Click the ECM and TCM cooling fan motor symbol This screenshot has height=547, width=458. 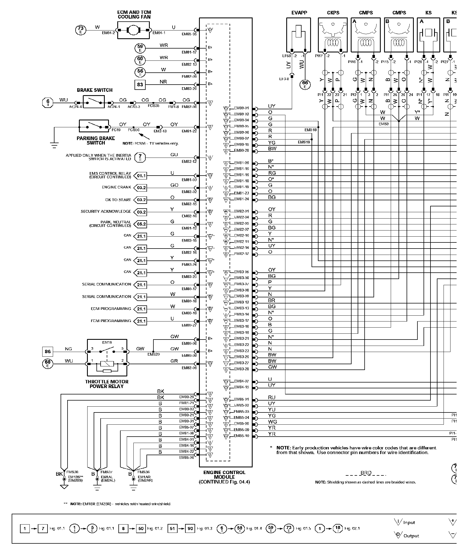point(134,30)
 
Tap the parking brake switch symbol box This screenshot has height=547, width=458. point(94,127)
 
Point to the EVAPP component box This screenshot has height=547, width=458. point(298,35)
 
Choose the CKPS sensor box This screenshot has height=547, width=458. point(333,35)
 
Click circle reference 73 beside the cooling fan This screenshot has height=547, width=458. point(81,30)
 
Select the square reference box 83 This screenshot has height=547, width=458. point(140,84)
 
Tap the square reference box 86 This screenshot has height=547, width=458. point(48,352)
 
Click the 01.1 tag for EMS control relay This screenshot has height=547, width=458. point(141,176)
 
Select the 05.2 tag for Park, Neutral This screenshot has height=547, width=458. point(141,224)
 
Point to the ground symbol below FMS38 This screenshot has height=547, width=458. point(64,487)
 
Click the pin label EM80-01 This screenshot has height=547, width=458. point(241,108)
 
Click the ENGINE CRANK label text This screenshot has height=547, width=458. point(116,187)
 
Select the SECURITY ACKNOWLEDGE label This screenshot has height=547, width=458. point(106,211)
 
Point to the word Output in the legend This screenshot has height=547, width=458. point(411,536)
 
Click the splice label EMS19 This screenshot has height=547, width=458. point(303,142)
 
